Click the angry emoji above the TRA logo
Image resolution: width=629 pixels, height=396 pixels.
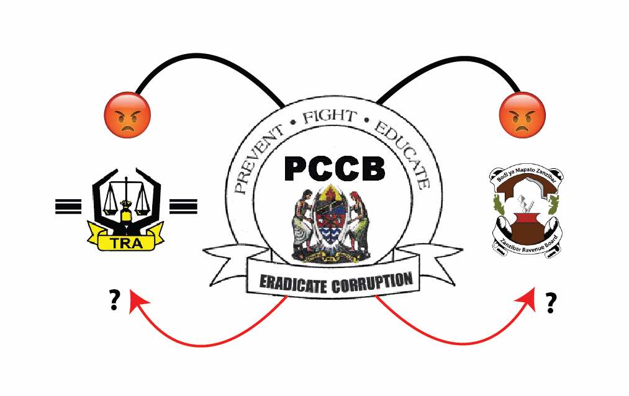pos(127,115)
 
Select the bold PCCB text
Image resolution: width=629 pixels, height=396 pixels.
pos(335,168)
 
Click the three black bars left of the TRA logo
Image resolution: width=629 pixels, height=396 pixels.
pos(68,205)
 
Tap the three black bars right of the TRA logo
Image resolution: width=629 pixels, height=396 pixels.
pos(183,205)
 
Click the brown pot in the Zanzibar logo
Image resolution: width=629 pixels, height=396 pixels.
pos(525,223)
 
